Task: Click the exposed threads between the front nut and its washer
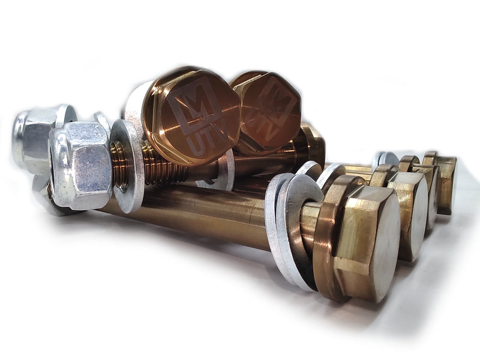click(118, 163)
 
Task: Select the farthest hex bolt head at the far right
click(447, 183)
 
